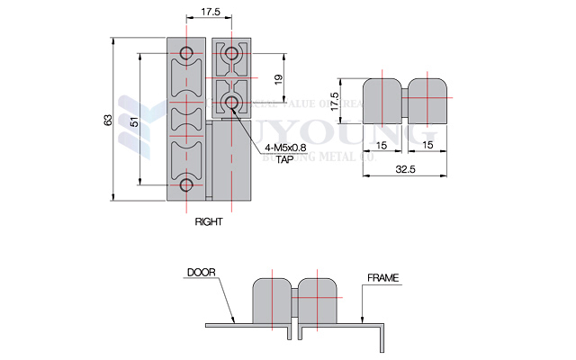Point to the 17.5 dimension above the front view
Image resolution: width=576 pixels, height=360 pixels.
point(210,13)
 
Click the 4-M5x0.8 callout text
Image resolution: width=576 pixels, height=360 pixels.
point(287,148)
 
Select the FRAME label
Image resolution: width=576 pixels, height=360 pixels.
point(382,277)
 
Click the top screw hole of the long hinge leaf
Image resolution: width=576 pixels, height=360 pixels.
point(187,50)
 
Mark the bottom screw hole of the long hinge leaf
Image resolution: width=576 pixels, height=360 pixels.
point(187,185)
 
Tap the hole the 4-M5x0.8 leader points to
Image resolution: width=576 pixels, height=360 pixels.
point(232,102)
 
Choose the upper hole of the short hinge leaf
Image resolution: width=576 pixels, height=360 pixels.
point(232,51)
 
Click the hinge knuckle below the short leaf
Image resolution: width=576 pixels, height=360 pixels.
point(231,162)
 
